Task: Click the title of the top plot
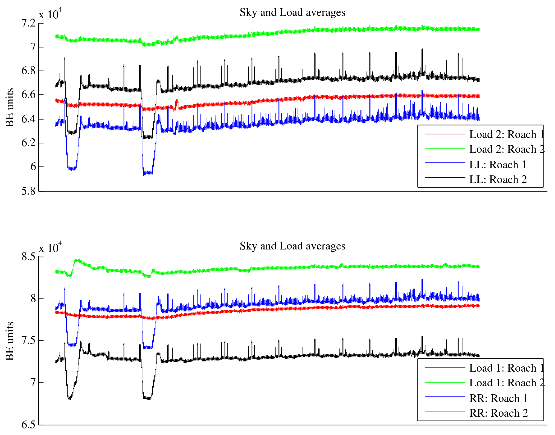292,13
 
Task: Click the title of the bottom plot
292,246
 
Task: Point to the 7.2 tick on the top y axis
29,23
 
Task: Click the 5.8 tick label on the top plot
29,191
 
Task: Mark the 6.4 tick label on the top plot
29,119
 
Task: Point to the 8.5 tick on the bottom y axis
29,257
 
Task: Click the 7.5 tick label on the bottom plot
29,340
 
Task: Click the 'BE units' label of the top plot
10,107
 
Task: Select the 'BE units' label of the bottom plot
10,341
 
